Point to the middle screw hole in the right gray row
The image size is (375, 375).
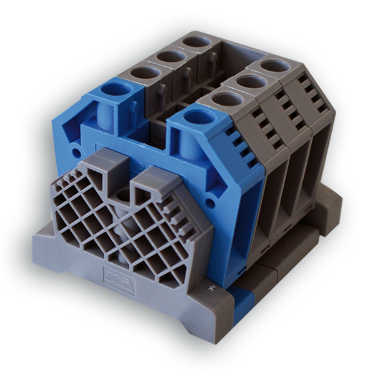tap(249, 81)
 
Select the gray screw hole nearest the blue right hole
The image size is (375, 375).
tap(223, 98)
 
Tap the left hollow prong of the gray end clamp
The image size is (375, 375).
tap(101, 164)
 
